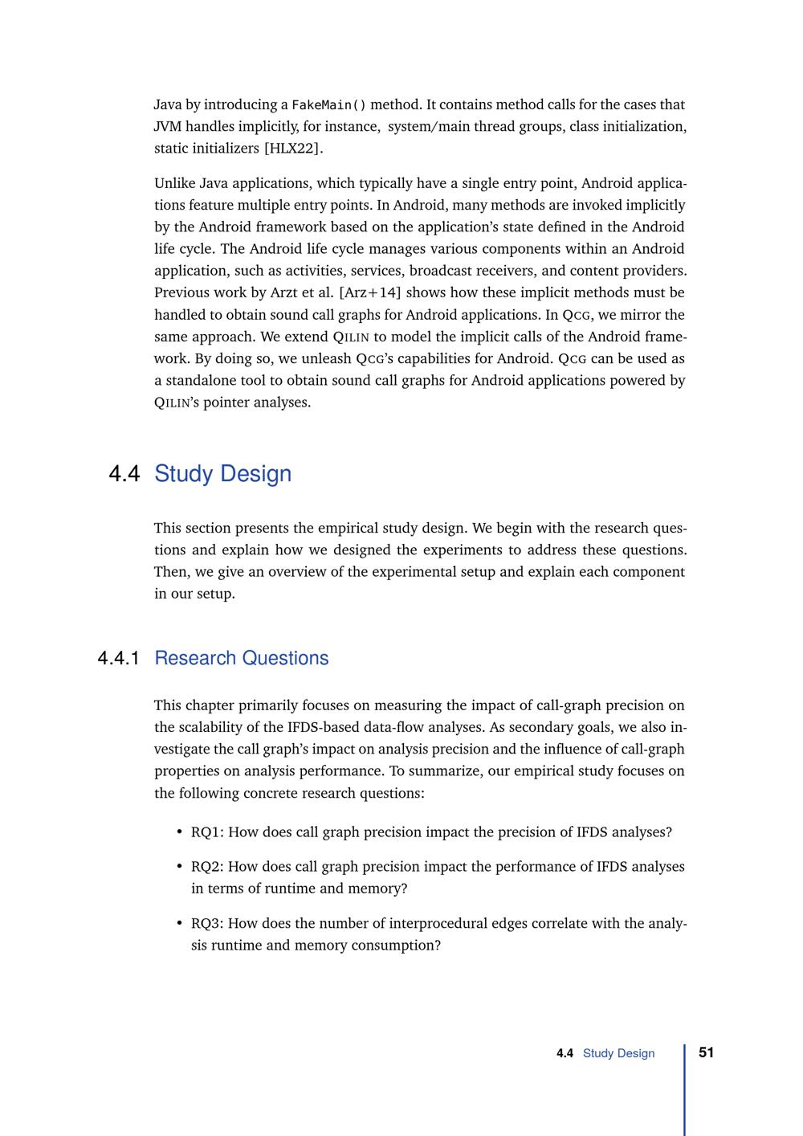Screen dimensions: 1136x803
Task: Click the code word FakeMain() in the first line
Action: tap(328, 105)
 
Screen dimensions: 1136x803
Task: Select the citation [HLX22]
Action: tap(294, 149)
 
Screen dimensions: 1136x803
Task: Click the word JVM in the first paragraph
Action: tap(168, 127)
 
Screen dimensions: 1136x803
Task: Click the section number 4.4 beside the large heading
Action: tap(124, 474)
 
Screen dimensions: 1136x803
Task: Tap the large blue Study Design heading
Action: tap(222, 474)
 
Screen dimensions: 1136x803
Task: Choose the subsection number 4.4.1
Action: tap(119, 659)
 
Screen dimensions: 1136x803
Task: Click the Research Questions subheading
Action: tap(241, 659)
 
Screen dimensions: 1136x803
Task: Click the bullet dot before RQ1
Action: tap(179, 832)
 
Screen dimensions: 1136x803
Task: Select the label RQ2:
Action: tap(207, 867)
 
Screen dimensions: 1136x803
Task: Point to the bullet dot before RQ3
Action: tap(179, 924)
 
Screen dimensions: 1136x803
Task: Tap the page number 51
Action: tap(707, 1052)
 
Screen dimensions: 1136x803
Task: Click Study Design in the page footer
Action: tap(618, 1053)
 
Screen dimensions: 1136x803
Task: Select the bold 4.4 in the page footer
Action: tap(565, 1053)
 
